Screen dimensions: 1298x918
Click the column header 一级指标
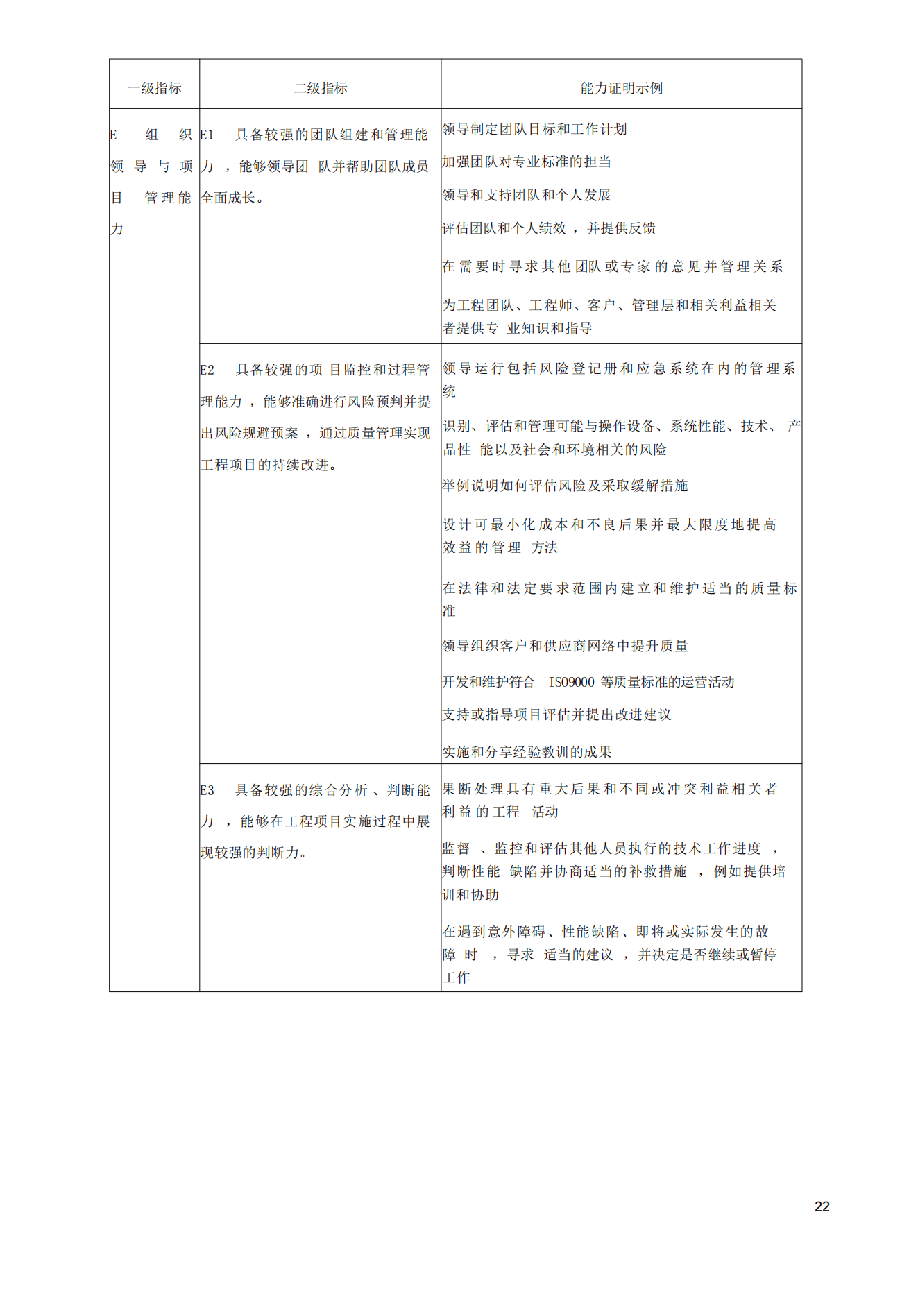pos(154,88)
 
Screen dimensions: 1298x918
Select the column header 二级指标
pos(321,88)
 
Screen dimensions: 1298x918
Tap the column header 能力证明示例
pos(621,88)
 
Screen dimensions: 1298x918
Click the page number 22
pos(822,1206)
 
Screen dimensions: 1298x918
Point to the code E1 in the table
pos(207,135)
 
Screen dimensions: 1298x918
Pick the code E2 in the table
pos(207,370)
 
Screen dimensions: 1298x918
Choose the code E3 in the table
pos(207,790)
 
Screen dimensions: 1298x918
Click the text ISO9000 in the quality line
pos(572,682)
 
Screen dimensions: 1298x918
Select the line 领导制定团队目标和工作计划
pos(534,129)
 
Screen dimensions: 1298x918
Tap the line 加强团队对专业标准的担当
pos(527,162)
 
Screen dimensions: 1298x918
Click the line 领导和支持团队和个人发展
pos(527,195)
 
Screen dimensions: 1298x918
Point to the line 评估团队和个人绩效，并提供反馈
pos(549,228)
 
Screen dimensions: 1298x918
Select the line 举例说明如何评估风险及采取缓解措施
pos(565,486)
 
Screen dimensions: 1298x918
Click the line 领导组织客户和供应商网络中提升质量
pos(565,646)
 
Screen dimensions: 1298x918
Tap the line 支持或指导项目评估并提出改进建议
pos(556,715)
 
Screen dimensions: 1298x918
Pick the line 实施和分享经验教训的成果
pos(527,752)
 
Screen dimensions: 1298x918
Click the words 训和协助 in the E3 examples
pos(470,895)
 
